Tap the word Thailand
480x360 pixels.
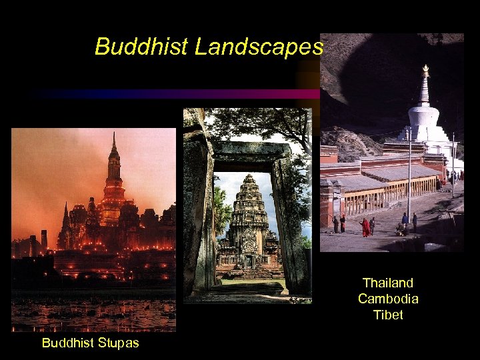coord(388,283)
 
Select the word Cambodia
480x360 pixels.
coord(388,298)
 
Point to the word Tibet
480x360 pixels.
coord(388,314)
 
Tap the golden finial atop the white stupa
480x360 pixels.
coord(425,69)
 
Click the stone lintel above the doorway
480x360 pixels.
coord(252,152)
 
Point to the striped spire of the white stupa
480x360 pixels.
coord(425,90)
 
